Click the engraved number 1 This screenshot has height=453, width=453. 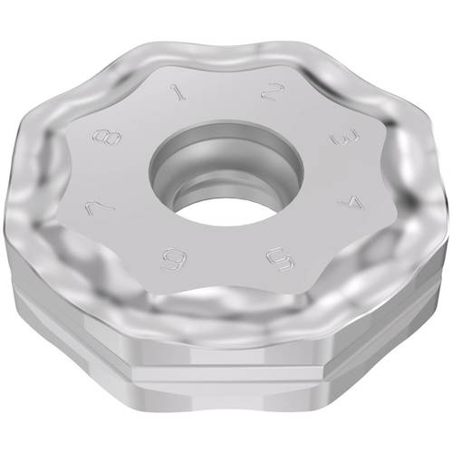click(178, 92)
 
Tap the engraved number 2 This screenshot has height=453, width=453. click(273, 92)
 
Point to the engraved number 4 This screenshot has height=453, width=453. click(351, 202)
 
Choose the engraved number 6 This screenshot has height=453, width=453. click(174, 259)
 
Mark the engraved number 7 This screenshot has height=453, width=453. click(100, 208)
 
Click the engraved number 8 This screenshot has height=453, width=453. click(107, 138)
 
